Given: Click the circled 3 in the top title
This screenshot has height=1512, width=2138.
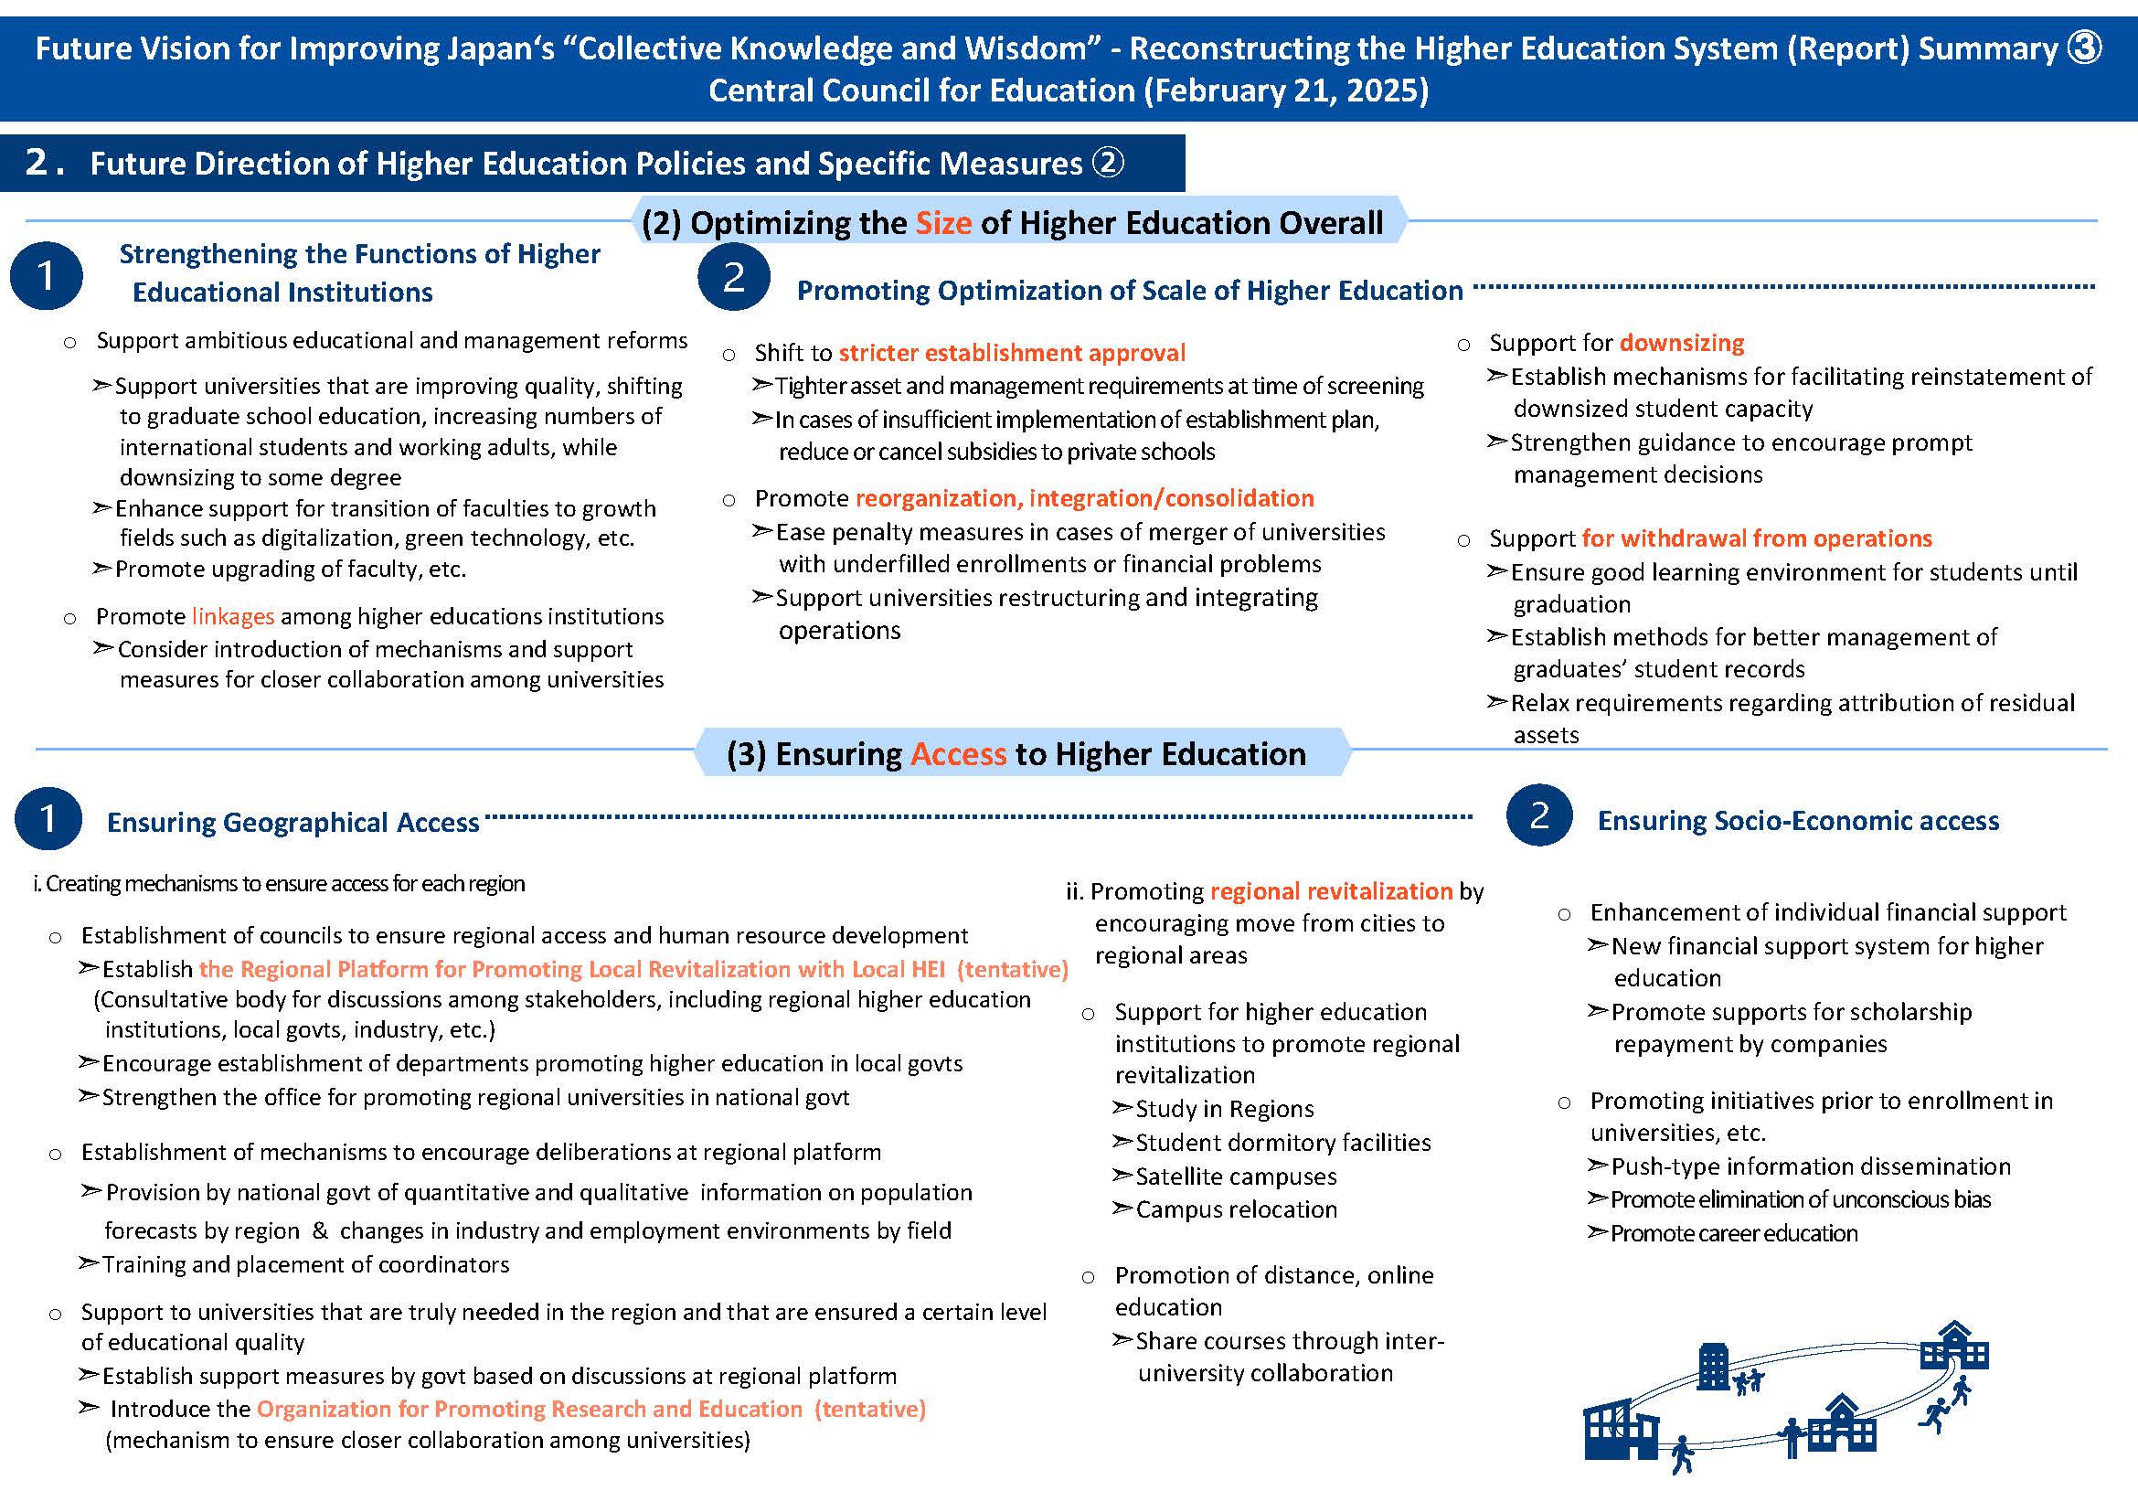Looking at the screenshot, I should tap(2083, 48).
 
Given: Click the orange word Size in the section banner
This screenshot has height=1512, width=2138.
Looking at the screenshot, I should tap(942, 222).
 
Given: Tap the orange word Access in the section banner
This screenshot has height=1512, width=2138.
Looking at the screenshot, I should tap(957, 753).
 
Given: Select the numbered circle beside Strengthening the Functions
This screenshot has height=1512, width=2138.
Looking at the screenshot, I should tap(46, 275).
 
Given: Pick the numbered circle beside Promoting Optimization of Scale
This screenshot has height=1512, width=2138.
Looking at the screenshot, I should tap(734, 276).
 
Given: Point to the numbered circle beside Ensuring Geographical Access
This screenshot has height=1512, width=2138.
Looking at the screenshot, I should tap(48, 818).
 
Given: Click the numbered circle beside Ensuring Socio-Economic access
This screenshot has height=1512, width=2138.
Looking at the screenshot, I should tap(1539, 815).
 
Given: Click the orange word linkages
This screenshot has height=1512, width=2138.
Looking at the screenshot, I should tap(233, 616).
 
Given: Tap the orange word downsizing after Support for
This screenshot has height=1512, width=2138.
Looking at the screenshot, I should tap(1682, 343).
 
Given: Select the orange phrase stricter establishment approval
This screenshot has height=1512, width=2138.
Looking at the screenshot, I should tap(1011, 353).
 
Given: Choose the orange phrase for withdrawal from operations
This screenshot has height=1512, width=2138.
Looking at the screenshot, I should tap(1756, 538).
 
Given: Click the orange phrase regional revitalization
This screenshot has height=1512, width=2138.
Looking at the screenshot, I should tap(1331, 891).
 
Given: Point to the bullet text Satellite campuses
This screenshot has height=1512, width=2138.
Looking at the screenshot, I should tap(1236, 1177).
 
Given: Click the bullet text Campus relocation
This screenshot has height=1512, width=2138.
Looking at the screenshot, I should tap(1236, 1209).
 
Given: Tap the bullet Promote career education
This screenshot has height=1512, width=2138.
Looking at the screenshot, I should tap(1733, 1233).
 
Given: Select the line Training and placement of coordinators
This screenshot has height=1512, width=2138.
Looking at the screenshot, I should tap(305, 1264).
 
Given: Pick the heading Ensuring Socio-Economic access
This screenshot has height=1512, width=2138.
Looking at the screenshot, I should tap(1798, 820).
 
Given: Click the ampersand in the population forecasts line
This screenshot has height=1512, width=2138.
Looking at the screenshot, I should tap(319, 1230).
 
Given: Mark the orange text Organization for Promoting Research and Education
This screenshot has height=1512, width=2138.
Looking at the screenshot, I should tap(529, 1409).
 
